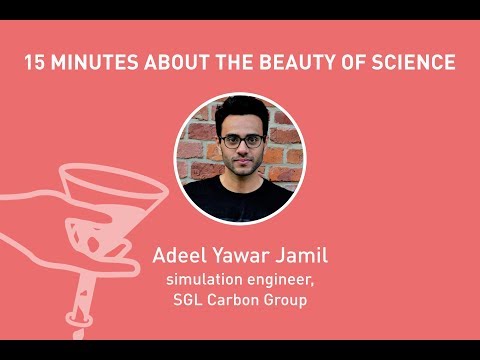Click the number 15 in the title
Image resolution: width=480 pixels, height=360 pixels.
click(36, 63)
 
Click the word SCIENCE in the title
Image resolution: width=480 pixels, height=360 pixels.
click(415, 63)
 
